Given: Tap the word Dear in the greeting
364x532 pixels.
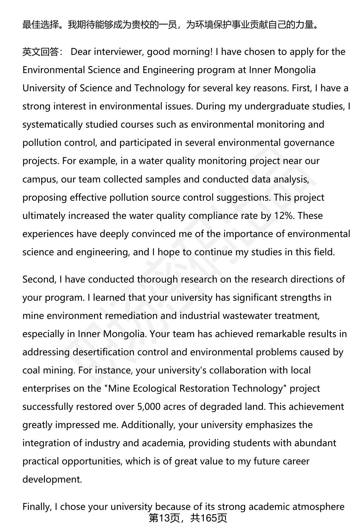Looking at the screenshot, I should coord(81,52).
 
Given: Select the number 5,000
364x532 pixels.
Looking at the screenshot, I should coord(149,407).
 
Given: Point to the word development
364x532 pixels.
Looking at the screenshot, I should coord(52,480).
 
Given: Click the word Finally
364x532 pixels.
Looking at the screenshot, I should coord(37,507).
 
